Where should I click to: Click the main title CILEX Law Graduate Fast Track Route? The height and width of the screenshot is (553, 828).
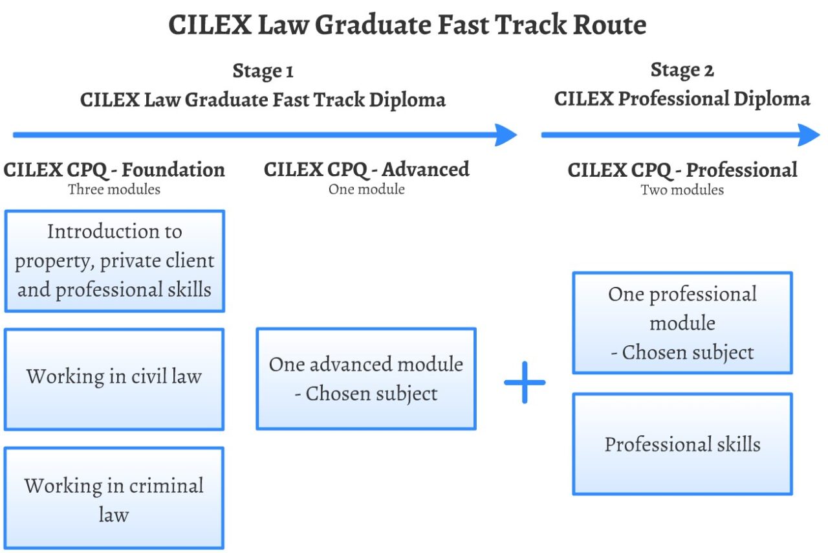(x=408, y=26)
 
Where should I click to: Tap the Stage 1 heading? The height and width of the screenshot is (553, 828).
(x=263, y=71)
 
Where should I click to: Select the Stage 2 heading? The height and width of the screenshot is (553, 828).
(x=682, y=70)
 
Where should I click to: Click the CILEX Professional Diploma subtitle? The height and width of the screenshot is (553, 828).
(x=682, y=99)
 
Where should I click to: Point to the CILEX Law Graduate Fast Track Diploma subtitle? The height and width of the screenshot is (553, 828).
(x=263, y=100)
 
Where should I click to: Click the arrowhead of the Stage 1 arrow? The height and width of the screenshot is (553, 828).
(x=506, y=135)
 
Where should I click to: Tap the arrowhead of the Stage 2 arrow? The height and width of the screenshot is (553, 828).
(x=809, y=135)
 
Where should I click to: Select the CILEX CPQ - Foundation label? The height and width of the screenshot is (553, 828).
(x=114, y=170)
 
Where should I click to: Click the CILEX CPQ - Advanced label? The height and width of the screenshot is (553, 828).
(x=366, y=170)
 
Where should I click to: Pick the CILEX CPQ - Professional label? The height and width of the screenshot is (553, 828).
(x=682, y=170)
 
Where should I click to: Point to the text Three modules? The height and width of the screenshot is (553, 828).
(x=114, y=190)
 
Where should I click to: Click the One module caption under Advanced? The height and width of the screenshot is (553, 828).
(x=366, y=190)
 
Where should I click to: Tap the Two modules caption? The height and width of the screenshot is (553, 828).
(x=682, y=190)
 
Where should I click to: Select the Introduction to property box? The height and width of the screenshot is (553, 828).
(x=114, y=260)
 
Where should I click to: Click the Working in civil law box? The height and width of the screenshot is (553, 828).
(x=114, y=379)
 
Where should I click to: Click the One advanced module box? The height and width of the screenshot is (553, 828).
(x=366, y=378)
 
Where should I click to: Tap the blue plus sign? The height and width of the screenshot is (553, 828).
(x=525, y=382)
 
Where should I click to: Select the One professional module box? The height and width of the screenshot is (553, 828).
(x=682, y=322)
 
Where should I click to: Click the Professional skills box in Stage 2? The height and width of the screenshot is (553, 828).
(x=682, y=444)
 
